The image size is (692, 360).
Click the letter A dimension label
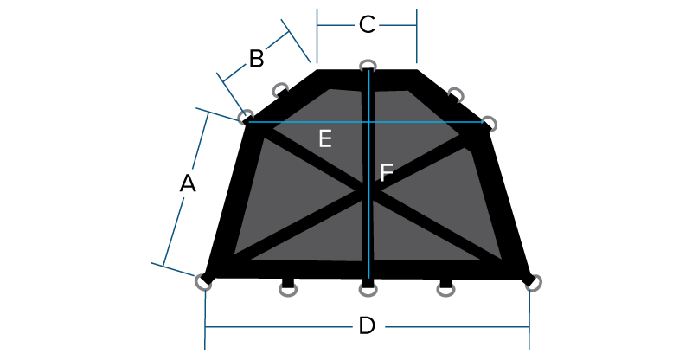188,183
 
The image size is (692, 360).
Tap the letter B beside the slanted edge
256,59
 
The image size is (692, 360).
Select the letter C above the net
367,25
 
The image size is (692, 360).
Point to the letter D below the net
367,326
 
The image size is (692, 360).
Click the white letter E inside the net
325,138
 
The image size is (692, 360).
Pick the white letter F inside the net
386,172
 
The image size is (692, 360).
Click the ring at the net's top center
368,66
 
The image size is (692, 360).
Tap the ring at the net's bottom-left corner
203,283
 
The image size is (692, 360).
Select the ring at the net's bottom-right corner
533,283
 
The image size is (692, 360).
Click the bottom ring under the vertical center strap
368,290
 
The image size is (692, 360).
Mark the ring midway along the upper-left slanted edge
280,90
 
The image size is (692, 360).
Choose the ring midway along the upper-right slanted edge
456,94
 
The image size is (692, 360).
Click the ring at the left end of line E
246,117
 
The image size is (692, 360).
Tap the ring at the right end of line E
489,124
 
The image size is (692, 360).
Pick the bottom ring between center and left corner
288,290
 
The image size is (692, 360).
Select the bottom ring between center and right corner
445,290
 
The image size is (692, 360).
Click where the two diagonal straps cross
368,191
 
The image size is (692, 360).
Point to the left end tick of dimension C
317,35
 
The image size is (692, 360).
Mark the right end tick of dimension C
417,35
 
